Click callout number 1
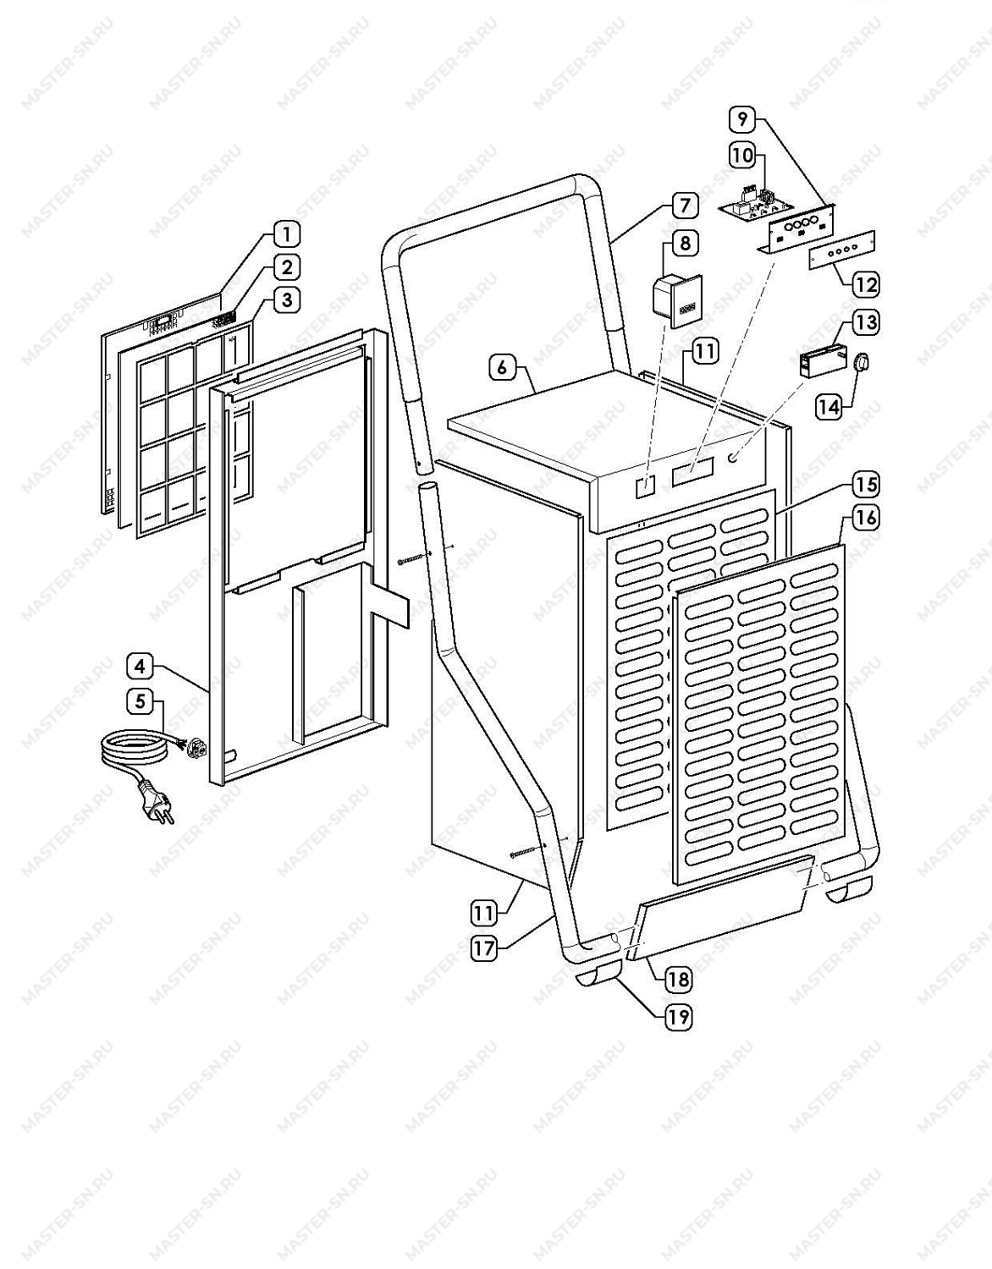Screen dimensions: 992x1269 286,234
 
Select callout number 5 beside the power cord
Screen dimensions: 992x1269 140,701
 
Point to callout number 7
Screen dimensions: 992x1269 684,205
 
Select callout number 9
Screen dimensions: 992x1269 742,119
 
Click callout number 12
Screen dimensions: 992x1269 866,285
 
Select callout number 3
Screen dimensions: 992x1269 286,301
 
